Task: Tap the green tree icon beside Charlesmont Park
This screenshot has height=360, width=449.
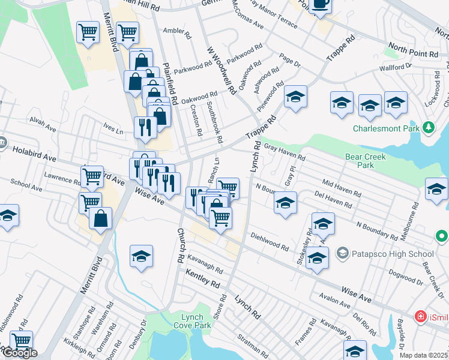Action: (x=428, y=127)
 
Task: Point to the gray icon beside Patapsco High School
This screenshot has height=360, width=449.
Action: (x=342, y=253)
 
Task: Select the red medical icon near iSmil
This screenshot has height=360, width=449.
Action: (x=422, y=316)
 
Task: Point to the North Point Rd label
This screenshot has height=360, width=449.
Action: (x=413, y=53)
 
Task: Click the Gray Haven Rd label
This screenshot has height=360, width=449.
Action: (x=285, y=154)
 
